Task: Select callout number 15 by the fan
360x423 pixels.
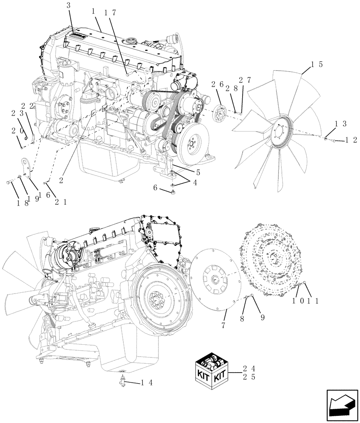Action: [x=317, y=65]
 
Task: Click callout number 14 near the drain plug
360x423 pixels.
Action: [x=147, y=383]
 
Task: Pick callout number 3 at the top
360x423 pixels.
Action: [x=69, y=6]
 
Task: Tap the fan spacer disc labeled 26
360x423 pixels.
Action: [x=219, y=114]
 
